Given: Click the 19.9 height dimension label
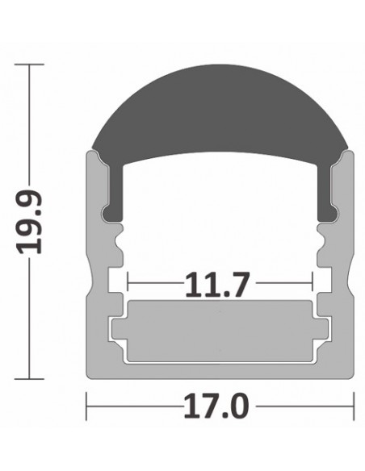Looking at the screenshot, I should [x=31, y=223].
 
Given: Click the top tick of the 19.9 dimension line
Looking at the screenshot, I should [x=31, y=65].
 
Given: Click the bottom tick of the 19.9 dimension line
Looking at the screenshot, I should [x=31, y=377].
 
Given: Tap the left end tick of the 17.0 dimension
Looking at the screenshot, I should [x=87, y=406].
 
